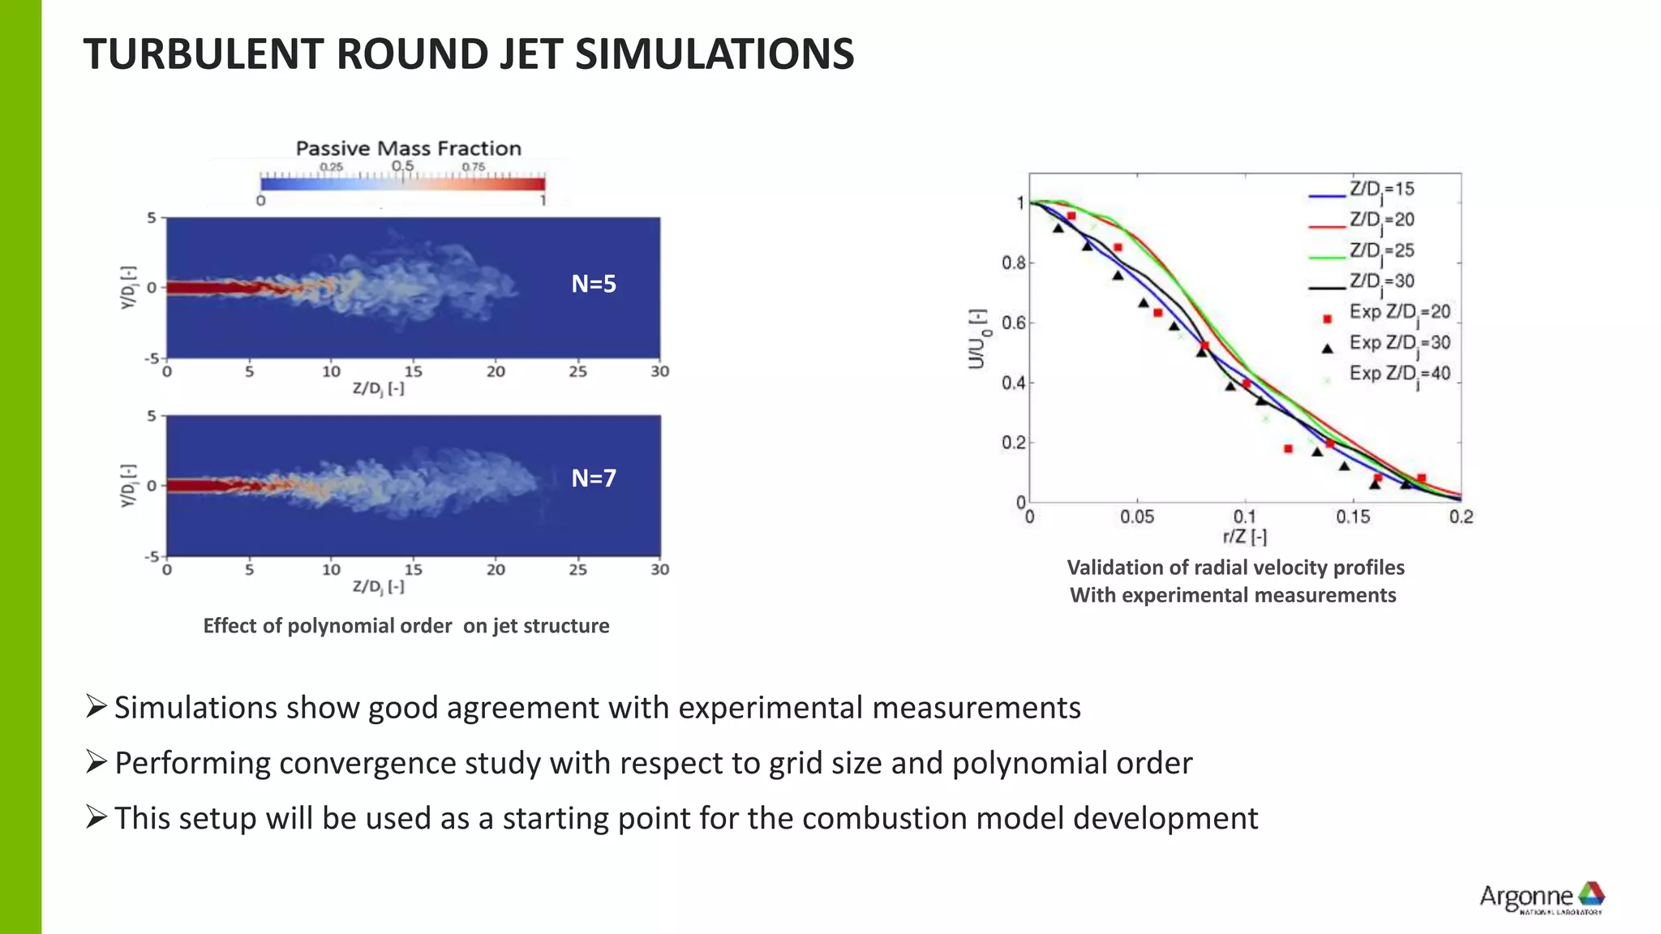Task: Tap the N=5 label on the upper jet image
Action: pos(594,284)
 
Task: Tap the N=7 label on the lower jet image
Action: pos(594,478)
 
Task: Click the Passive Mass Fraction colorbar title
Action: pos(408,148)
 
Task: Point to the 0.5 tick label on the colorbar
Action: pos(403,166)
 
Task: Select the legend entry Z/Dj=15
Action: pos(1381,190)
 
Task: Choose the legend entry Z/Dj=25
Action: pos(1381,251)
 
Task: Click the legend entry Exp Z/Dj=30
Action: pos(1399,344)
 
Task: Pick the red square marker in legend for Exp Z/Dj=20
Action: pos(1328,319)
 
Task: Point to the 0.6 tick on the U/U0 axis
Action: pos(1013,323)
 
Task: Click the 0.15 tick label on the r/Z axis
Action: pos(1353,516)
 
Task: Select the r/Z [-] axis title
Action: pos(1245,536)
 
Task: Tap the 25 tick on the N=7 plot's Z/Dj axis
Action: pos(577,569)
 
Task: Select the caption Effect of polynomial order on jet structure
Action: pos(406,626)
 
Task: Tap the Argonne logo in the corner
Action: pos(1541,897)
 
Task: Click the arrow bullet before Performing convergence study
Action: pos(96,762)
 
